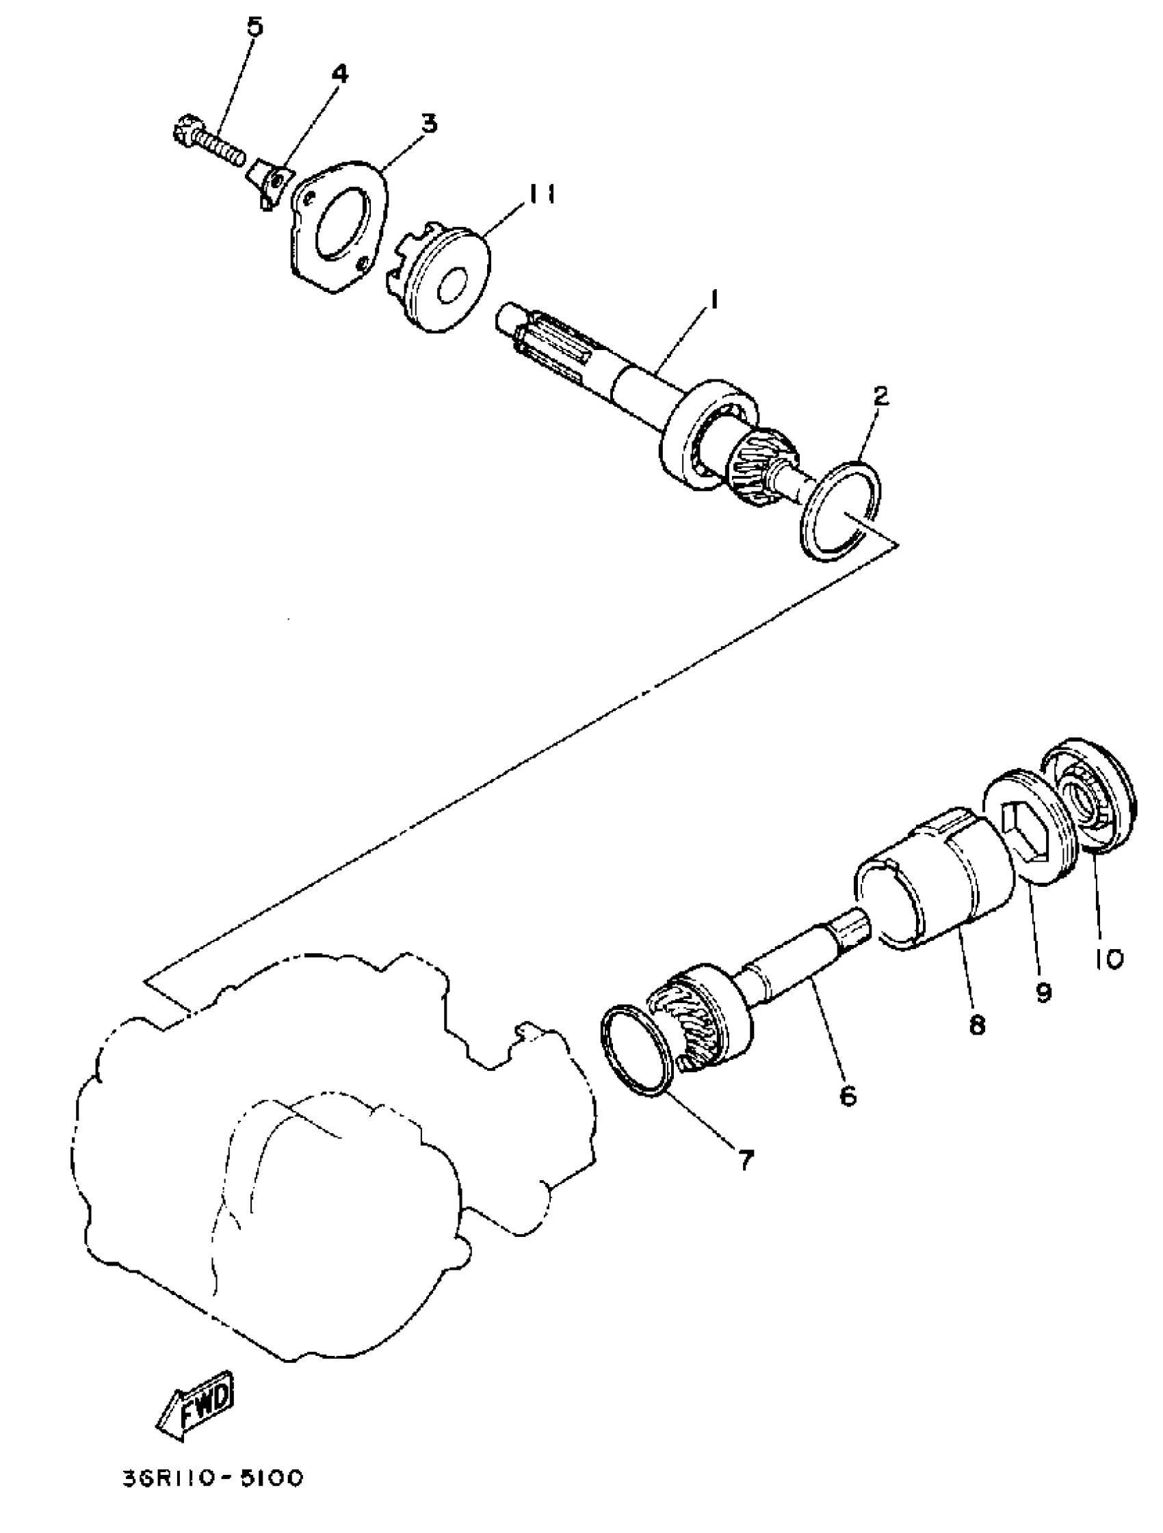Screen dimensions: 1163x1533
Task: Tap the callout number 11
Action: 539,196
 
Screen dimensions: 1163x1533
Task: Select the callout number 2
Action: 880,397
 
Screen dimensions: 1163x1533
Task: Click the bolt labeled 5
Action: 208,142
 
